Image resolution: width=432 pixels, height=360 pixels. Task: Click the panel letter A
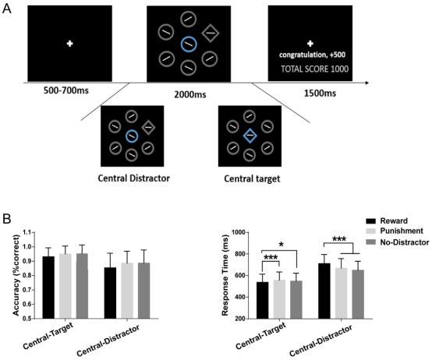click(6, 9)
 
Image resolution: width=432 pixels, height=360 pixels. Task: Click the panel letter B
click(6, 219)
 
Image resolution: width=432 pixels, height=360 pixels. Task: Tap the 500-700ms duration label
click(66, 90)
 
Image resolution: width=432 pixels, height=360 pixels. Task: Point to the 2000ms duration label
click(190, 94)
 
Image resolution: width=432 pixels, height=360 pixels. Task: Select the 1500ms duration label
click(320, 94)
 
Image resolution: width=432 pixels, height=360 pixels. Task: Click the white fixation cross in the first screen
click(69, 44)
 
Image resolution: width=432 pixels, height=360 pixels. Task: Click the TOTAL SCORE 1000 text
click(314, 69)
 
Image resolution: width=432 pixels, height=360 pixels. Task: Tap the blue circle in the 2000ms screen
click(189, 44)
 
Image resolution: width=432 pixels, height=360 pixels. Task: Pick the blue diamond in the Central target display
click(250, 136)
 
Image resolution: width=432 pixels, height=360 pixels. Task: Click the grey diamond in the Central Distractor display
click(148, 128)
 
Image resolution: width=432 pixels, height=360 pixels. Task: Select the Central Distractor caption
click(133, 178)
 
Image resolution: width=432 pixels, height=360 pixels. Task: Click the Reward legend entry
click(387, 221)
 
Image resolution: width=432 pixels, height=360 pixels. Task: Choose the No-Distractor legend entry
click(398, 242)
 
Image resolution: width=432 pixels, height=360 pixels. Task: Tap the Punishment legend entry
click(395, 231)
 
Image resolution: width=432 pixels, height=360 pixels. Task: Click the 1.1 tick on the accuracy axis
click(27, 232)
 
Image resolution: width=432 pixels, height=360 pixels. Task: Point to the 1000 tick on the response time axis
click(238, 232)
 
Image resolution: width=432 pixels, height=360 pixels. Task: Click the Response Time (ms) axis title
click(225, 275)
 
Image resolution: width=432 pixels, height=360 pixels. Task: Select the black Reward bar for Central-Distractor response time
click(324, 291)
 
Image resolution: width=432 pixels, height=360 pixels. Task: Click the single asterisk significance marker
click(282, 245)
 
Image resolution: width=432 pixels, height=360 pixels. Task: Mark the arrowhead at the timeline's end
click(367, 83)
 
